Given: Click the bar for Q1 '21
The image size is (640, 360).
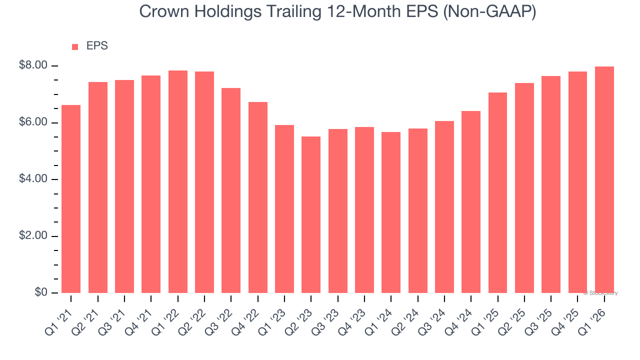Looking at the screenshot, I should [x=71, y=199].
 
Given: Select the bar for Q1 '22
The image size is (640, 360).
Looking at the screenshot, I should [x=178, y=181].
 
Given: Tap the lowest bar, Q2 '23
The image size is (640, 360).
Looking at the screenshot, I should [x=311, y=215].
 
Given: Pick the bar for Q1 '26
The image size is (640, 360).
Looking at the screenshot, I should [x=604, y=180].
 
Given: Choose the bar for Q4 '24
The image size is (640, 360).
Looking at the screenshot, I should [x=471, y=202].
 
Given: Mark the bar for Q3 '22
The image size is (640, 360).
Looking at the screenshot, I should [x=231, y=190].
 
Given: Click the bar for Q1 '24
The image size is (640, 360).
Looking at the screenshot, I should [x=391, y=212].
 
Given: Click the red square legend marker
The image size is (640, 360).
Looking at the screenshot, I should [x=75, y=46].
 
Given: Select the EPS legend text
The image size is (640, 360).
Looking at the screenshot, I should [x=97, y=46].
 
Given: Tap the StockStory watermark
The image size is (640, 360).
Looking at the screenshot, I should [x=600, y=293].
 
